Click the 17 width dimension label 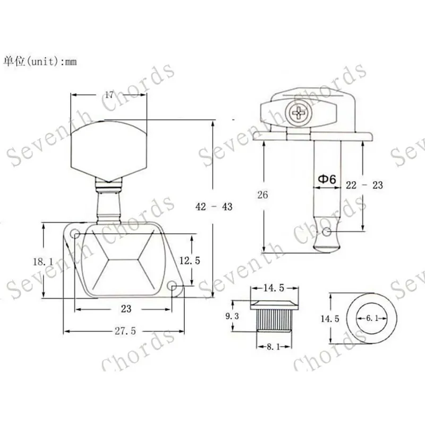pos(109,95)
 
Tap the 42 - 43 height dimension pos(214,207)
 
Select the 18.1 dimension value pos(43,262)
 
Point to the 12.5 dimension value pos(190,261)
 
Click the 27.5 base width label pos(125,331)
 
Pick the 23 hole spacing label pos(126,309)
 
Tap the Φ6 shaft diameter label pos(327,179)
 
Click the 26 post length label pos(262,194)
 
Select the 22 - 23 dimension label pos(364,185)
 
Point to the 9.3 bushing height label pos(232,316)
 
